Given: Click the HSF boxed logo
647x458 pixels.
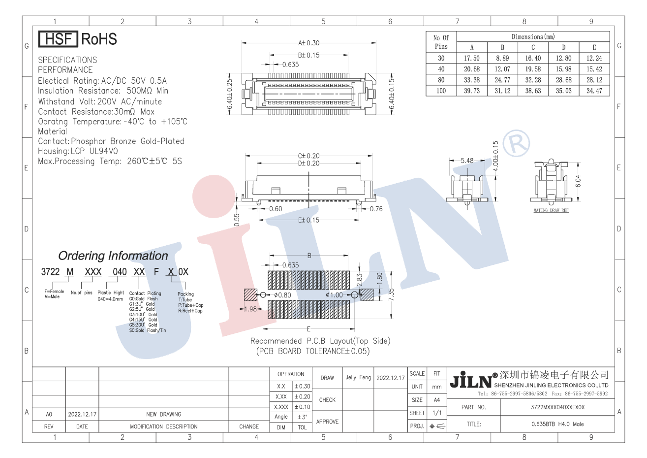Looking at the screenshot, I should pyautogui.click(x=58, y=39).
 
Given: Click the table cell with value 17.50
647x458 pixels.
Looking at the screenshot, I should pyautogui.click(x=471, y=58).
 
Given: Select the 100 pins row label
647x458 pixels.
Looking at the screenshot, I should pyautogui.click(x=441, y=91).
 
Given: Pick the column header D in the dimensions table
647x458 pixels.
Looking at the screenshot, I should pyautogui.click(x=563, y=47).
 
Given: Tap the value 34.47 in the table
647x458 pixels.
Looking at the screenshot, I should pyautogui.click(x=594, y=91).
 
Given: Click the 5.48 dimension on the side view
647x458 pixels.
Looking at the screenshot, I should pyautogui.click(x=467, y=161).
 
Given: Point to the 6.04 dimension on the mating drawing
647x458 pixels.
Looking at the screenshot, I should pyautogui.click(x=579, y=181).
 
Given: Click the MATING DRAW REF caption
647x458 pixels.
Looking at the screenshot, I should pyautogui.click(x=551, y=210).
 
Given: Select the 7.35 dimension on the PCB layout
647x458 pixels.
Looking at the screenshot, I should pyautogui.click(x=391, y=294).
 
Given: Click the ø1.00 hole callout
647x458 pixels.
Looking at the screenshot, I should pyautogui.click(x=335, y=295).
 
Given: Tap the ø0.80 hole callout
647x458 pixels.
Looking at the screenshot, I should pyautogui.click(x=282, y=295).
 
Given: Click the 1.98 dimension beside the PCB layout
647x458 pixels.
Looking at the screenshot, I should pyautogui.click(x=250, y=309).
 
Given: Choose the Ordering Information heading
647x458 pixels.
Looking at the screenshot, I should pyautogui.click(x=113, y=256).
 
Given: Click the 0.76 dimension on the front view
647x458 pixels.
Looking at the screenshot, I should pyautogui.click(x=376, y=209).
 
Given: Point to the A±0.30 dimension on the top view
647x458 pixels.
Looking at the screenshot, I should pyautogui.click(x=308, y=43).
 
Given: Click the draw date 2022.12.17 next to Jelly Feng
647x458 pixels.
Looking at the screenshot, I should pyautogui.click(x=390, y=378).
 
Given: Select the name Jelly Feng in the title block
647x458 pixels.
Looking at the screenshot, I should pyautogui.click(x=358, y=377).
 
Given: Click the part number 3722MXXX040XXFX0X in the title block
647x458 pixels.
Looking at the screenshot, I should pyautogui.click(x=557, y=407).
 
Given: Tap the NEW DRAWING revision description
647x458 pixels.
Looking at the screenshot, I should pyautogui.click(x=163, y=414).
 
